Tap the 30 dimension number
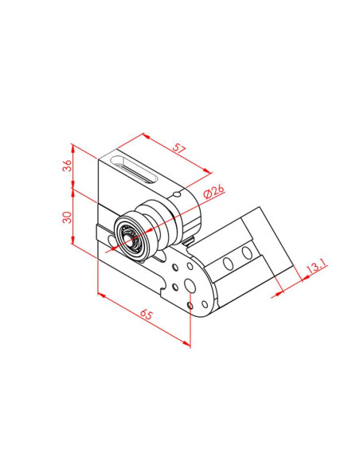[68, 217]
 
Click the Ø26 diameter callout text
[213, 192]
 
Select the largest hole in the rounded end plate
[189, 285]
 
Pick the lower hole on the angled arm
[229, 263]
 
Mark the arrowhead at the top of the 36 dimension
[72, 147]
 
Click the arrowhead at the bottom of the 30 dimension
[73, 244]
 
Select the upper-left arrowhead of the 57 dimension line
[143, 135]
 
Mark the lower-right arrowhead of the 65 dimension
[189, 344]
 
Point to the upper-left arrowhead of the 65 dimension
[100, 294]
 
